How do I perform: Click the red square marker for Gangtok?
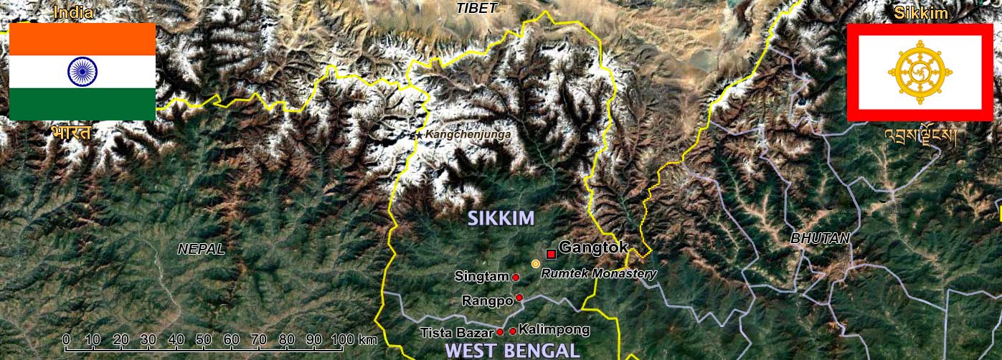(551, 254)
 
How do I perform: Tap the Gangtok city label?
(593, 248)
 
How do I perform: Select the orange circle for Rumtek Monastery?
(535, 264)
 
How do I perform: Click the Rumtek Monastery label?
(598, 273)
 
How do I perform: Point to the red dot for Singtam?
(515, 277)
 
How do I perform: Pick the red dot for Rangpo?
(519, 297)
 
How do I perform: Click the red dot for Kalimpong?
(512, 331)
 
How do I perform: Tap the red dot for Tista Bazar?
(499, 332)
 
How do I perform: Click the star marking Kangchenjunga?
(419, 135)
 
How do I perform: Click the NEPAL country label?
(201, 250)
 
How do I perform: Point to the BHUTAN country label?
(820, 238)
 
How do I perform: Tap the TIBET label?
(477, 8)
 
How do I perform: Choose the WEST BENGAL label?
(512, 351)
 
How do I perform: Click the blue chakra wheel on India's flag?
(82, 71)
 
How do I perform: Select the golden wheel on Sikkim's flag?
(920, 71)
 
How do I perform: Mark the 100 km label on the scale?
(354, 338)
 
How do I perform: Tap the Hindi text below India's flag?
(71, 133)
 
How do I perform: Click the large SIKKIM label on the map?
(501, 218)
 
